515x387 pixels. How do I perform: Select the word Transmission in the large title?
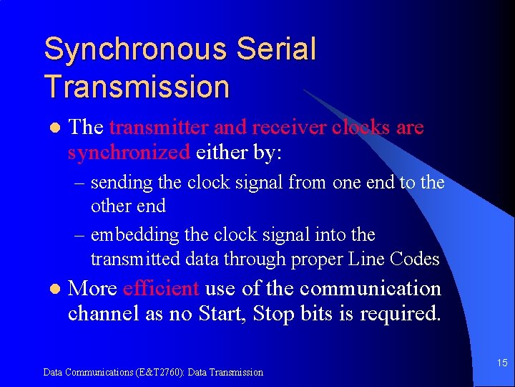coord(137,87)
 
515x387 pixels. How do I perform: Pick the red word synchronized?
coord(129,152)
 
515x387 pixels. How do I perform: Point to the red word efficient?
coord(161,288)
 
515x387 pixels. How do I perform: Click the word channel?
coord(104,313)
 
